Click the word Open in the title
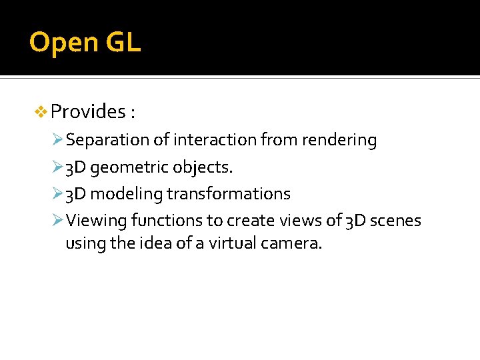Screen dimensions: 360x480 (63, 43)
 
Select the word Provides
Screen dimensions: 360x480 (88, 111)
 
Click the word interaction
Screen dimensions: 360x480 (214, 141)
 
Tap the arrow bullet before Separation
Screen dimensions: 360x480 (58, 141)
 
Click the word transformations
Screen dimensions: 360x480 (228, 194)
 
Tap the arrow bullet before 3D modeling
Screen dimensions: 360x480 (58, 194)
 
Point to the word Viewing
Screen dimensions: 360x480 (97, 221)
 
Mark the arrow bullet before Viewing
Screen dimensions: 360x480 (58, 221)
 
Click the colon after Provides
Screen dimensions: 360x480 (133, 113)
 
